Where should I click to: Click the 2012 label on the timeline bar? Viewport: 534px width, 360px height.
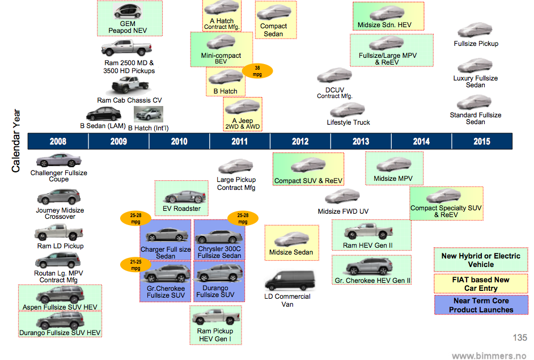(x=300, y=141)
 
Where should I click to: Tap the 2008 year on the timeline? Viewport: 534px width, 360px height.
(x=58, y=141)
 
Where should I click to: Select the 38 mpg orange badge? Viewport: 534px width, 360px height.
(x=257, y=70)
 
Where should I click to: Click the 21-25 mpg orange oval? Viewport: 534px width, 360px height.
(x=134, y=264)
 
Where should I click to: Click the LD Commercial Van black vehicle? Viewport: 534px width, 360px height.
(x=287, y=281)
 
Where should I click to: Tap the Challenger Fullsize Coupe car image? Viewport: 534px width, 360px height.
(x=58, y=161)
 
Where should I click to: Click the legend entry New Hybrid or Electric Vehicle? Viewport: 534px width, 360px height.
(x=481, y=260)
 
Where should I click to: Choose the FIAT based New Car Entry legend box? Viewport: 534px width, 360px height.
(x=481, y=284)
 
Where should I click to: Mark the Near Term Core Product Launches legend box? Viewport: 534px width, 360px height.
(x=481, y=305)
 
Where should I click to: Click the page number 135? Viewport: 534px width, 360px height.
(x=520, y=338)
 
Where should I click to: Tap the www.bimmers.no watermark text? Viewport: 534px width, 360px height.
(x=489, y=355)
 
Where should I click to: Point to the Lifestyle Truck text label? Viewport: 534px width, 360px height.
(x=348, y=122)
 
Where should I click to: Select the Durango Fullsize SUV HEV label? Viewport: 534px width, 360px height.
(x=61, y=332)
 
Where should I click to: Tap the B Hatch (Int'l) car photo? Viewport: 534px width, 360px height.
(x=149, y=115)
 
